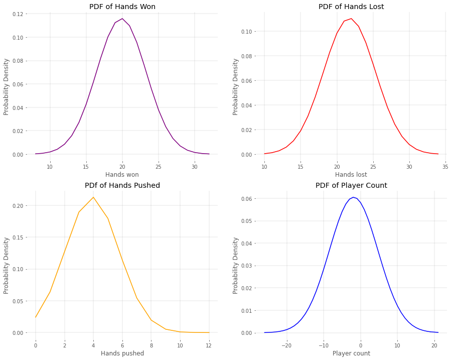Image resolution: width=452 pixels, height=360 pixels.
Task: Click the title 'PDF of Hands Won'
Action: point(122,7)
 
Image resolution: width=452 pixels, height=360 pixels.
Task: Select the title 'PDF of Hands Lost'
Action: point(351,7)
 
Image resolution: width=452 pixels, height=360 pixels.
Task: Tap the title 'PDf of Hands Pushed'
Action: point(122,185)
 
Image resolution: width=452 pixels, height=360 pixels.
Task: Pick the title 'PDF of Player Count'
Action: point(351,185)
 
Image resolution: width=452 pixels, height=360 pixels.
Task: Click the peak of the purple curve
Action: point(122,19)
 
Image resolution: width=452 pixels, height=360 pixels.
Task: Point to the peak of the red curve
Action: point(351,19)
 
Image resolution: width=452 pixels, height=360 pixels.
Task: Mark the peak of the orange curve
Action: point(93,197)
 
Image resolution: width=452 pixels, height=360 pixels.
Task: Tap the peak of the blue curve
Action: point(353,197)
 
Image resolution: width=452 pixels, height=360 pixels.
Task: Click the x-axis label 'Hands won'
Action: point(122,175)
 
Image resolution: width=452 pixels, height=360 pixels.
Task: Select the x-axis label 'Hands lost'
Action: point(351,175)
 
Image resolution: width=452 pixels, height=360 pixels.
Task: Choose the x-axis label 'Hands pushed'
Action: point(122,353)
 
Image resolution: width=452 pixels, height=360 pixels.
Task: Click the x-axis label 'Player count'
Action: point(351,353)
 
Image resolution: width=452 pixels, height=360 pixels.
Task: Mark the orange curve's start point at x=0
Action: point(35,317)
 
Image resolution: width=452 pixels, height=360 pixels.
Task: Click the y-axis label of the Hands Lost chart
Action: point(236,86)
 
